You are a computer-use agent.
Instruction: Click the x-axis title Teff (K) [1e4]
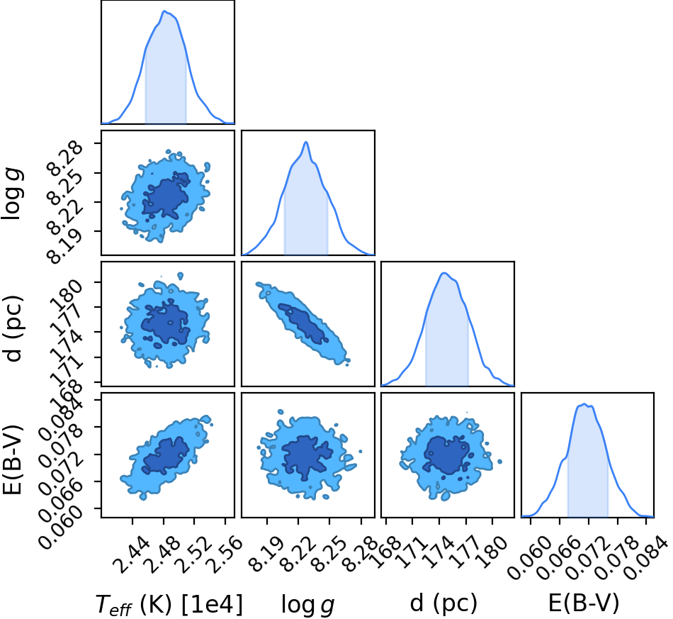[x=169, y=604]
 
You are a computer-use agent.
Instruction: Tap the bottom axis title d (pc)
[x=443, y=603]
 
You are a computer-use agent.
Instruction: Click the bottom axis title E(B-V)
[x=584, y=603]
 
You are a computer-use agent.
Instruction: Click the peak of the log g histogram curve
[x=306, y=142]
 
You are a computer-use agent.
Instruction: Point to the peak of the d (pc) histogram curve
[x=445, y=273]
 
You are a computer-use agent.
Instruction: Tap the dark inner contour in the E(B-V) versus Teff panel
[x=166, y=456]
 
